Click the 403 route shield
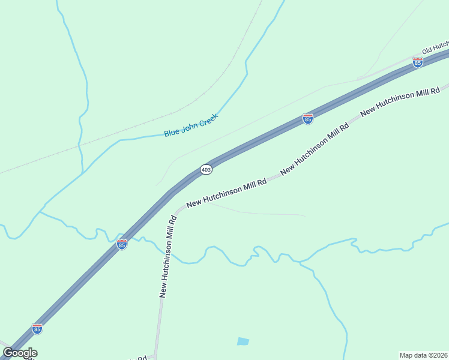[x=206, y=170]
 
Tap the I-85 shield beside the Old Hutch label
[x=418, y=62]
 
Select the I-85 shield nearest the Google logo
[x=37, y=329]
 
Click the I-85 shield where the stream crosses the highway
[x=122, y=244]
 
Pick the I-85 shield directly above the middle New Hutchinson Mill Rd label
[x=308, y=119]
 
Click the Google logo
[x=20, y=353]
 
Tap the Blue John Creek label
[x=190, y=125]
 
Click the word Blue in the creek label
[x=172, y=131]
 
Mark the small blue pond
[x=243, y=341]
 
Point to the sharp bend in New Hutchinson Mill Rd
[x=175, y=213]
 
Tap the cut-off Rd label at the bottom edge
[x=142, y=358]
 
